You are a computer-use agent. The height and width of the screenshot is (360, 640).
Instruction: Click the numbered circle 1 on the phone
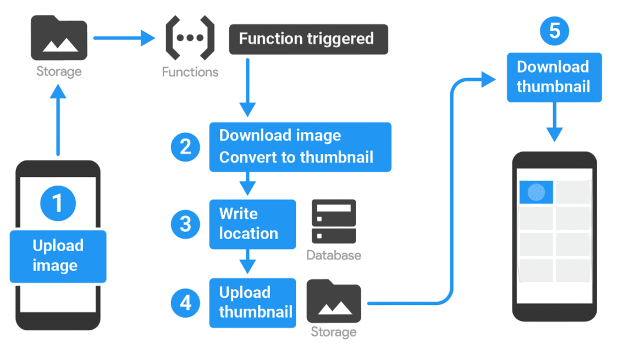click(x=58, y=203)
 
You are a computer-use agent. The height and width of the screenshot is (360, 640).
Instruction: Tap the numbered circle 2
click(x=186, y=147)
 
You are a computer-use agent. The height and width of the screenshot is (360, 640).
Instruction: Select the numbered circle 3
click(x=186, y=224)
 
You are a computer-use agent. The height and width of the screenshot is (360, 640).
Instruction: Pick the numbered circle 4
click(x=186, y=303)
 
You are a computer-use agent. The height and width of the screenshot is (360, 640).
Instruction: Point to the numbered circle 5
click(x=554, y=30)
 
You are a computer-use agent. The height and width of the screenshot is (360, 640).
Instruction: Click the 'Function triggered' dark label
click(x=308, y=39)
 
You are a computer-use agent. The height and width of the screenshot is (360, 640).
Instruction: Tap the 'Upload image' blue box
click(x=58, y=256)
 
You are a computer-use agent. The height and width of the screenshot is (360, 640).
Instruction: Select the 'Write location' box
click(x=252, y=224)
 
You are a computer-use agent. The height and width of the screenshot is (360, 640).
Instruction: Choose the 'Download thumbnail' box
click(x=554, y=77)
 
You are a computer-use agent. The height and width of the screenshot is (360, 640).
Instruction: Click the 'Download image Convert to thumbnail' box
click(x=300, y=147)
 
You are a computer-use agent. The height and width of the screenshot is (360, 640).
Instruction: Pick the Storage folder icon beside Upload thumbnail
click(x=334, y=301)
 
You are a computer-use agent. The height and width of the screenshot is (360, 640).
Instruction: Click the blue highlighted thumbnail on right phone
click(x=536, y=192)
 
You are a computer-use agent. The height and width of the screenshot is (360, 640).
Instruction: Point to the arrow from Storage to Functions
click(x=124, y=38)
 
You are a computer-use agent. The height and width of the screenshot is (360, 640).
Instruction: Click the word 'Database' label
click(x=334, y=255)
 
